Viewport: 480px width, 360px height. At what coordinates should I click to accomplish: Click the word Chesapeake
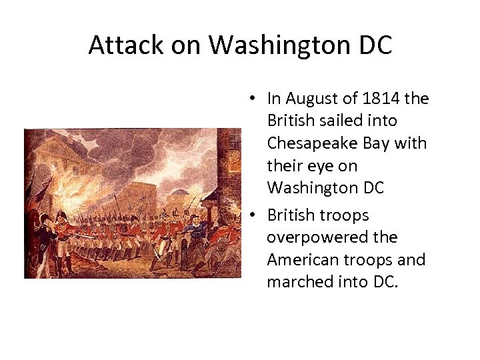pyautogui.click(x=313, y=143)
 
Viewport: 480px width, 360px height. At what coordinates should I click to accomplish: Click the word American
pyautogui.click(x=304, y=259)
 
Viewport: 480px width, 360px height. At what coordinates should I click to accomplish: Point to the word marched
pyautogui.click(x=297, y=282)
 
